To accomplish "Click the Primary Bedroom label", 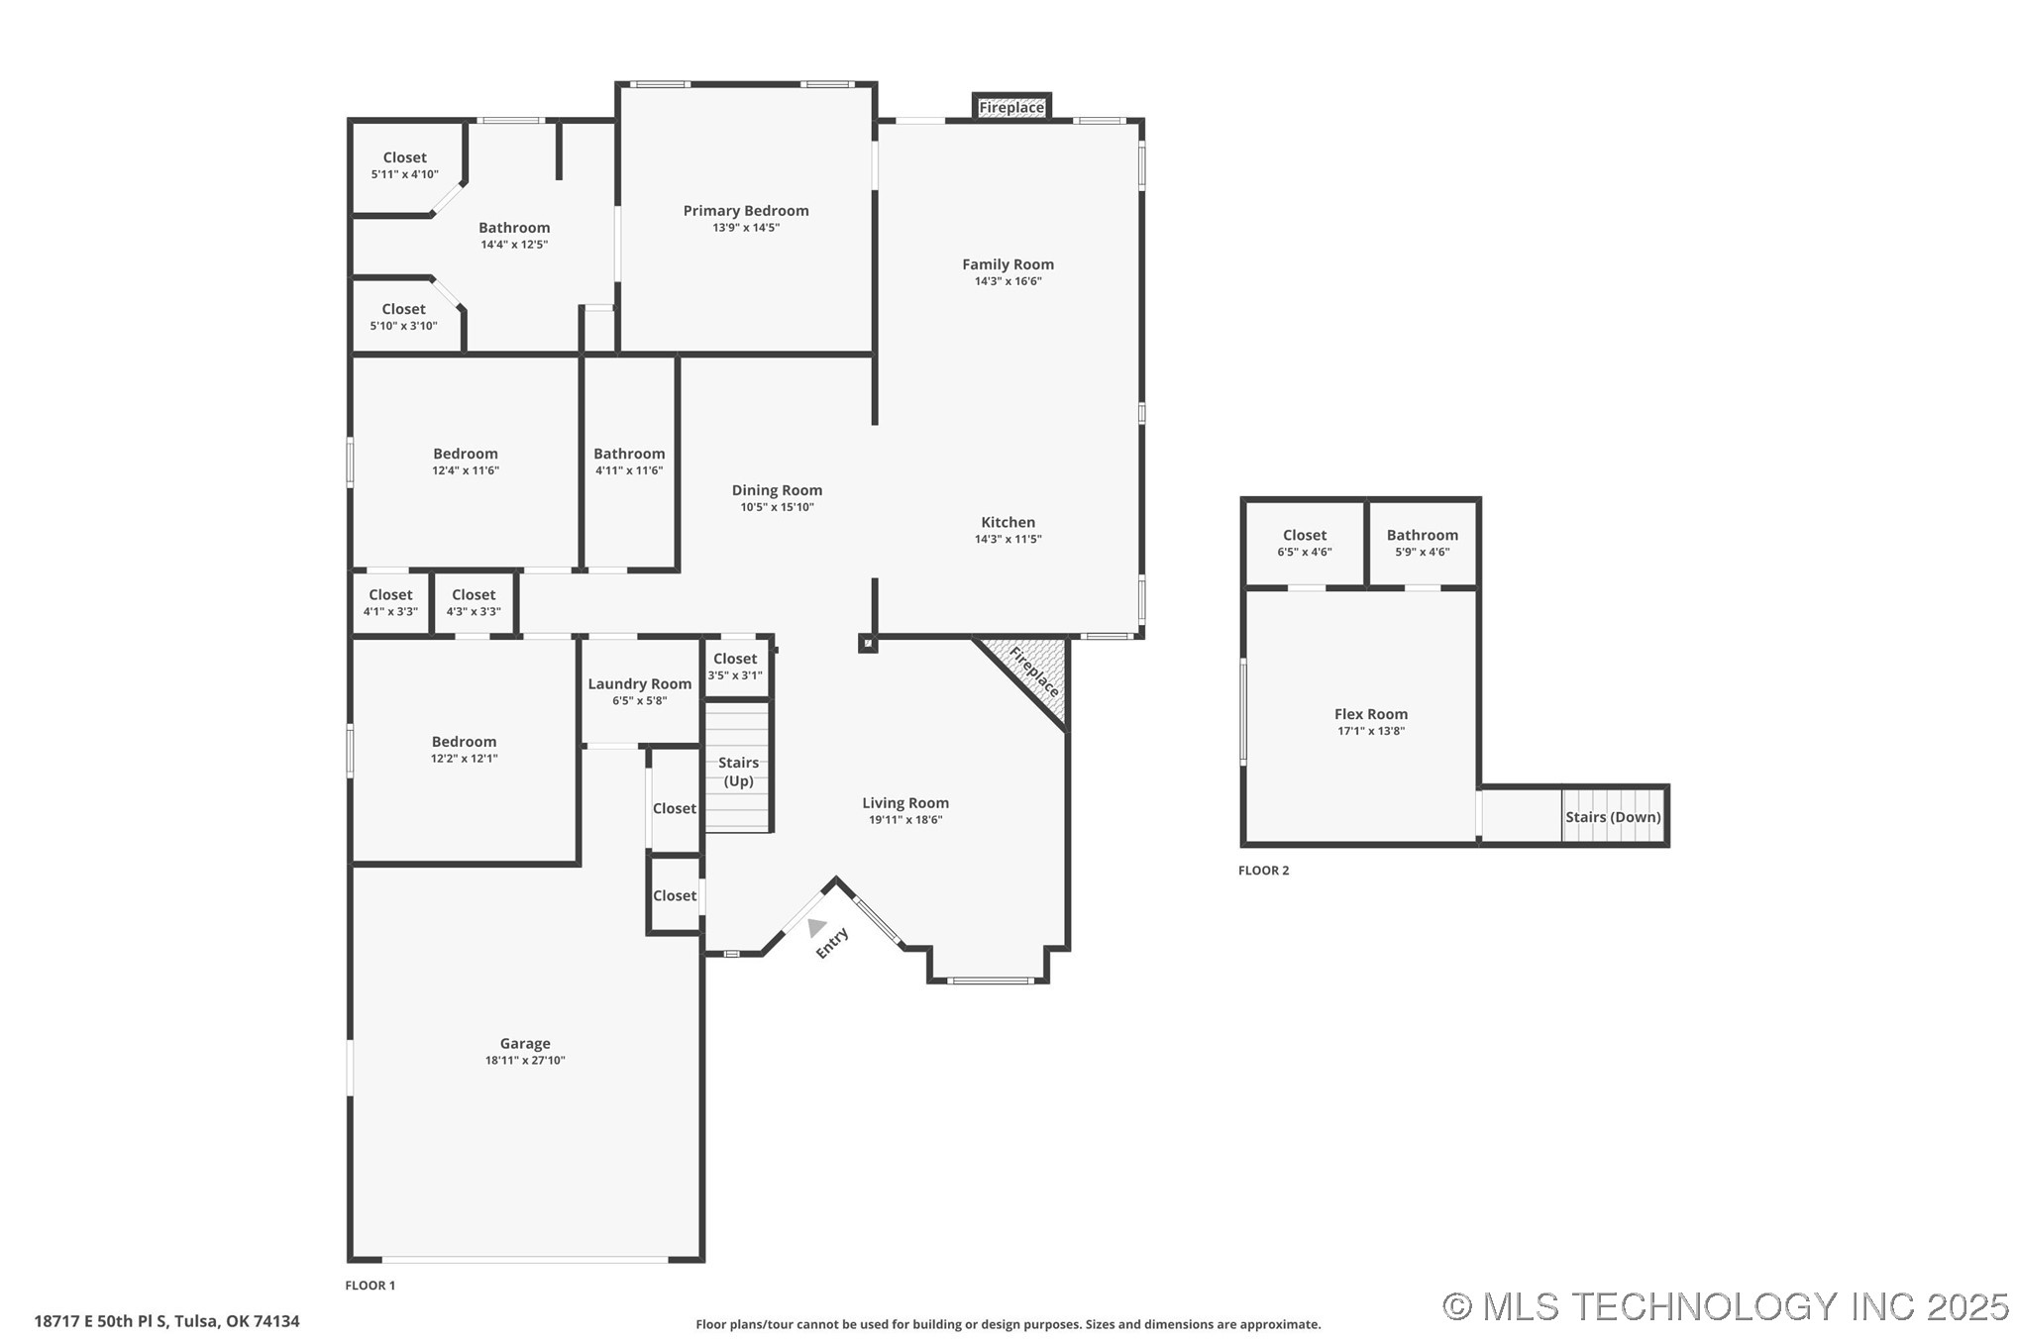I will (745, 210).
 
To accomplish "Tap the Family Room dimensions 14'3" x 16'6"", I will (1008, 281).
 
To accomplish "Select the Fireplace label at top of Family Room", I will (1010, 107).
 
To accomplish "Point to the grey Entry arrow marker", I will (815, 927).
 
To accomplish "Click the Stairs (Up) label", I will (738, 772).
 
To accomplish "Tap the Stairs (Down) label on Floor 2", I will (1612, 817).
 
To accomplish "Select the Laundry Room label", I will (639, 683).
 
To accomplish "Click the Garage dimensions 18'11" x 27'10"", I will (525, 1061).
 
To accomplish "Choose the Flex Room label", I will (1370, 714).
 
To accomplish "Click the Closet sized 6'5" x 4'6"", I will (1304, 543).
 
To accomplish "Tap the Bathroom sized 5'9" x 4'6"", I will (1422, 543).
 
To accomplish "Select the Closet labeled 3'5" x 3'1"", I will (735, 666).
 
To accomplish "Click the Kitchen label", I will (1008, 522).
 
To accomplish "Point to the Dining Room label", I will (777, 490).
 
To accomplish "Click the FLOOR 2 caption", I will (1263, 871).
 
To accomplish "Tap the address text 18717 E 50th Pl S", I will (166, 1321).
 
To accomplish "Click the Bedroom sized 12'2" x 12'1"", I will (464, 749).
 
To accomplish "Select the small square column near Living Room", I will (867, 644).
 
